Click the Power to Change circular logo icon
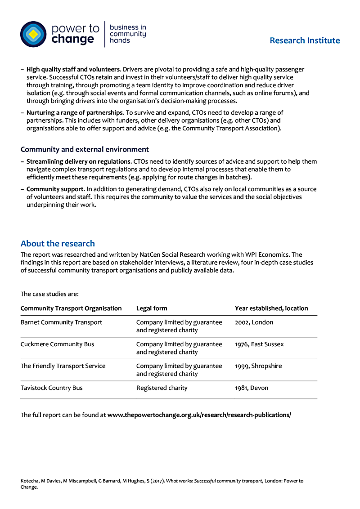tap(33, 34)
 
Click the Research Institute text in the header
tap(305, 40)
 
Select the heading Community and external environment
tap(85, 149)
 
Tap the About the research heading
tap(58, 244)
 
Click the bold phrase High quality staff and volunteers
tap(74, 70)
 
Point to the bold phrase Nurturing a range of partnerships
tap(74, 113)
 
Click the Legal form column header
tap(152, 308)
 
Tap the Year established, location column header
tap(271, 308)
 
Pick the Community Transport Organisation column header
tap(71, 308)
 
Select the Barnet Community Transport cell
tap(61, 322)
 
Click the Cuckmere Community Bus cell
tap(58, 344)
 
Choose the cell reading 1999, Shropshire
tap(258, 366)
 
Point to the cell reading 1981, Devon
tap(252, 388)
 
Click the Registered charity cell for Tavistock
tap(162, 388)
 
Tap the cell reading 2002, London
tap(254, 322)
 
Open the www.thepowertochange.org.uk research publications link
tap(199, 415)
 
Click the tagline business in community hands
tap(128, 34)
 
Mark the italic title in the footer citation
tap(214, 481)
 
